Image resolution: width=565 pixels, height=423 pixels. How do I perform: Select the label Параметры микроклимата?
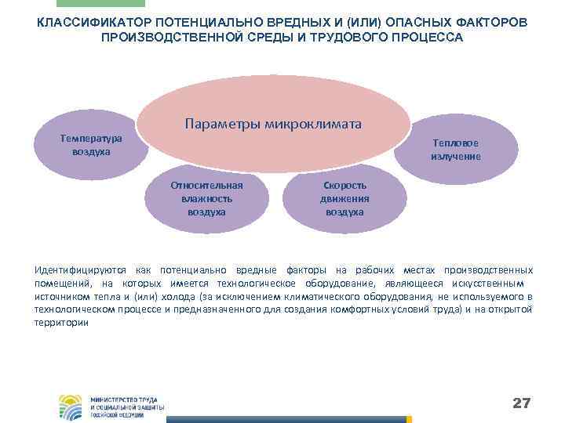[273, 125]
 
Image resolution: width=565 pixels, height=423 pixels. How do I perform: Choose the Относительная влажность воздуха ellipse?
[206, 199]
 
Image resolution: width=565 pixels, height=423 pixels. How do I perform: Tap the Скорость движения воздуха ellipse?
[344, 199]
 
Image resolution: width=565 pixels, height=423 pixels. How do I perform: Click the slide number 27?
[521, 403]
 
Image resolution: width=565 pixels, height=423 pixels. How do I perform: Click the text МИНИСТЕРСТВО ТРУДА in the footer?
[124, 399]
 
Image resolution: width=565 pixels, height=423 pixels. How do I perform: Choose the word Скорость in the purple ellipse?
[344, 186]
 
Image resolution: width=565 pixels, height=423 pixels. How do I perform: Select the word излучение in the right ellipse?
[455, 157]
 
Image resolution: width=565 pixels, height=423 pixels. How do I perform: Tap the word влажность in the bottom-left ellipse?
[206, 199]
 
